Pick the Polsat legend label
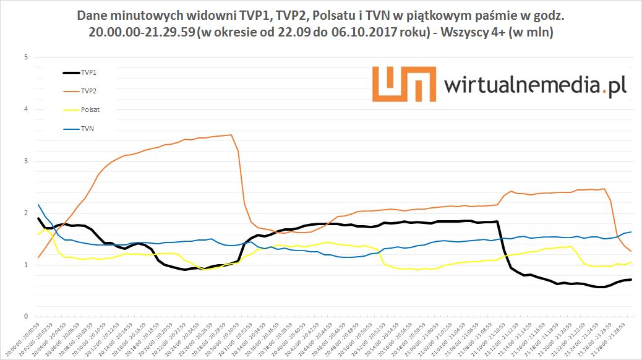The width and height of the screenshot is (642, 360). click(x=90, y=109)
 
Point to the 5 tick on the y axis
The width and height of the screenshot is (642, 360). click(x=25, y=58)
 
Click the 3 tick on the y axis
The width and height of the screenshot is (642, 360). click(x=25, y=161)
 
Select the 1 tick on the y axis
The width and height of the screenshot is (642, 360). click(x=25, y=265)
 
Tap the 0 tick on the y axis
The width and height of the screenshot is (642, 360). click(x=25, y=317)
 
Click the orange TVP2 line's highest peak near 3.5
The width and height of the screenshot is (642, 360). click(x=231, y=135)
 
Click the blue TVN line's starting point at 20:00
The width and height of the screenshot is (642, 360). click(x=38, y=205)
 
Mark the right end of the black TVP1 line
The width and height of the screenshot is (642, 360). click(x=630, y=280)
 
